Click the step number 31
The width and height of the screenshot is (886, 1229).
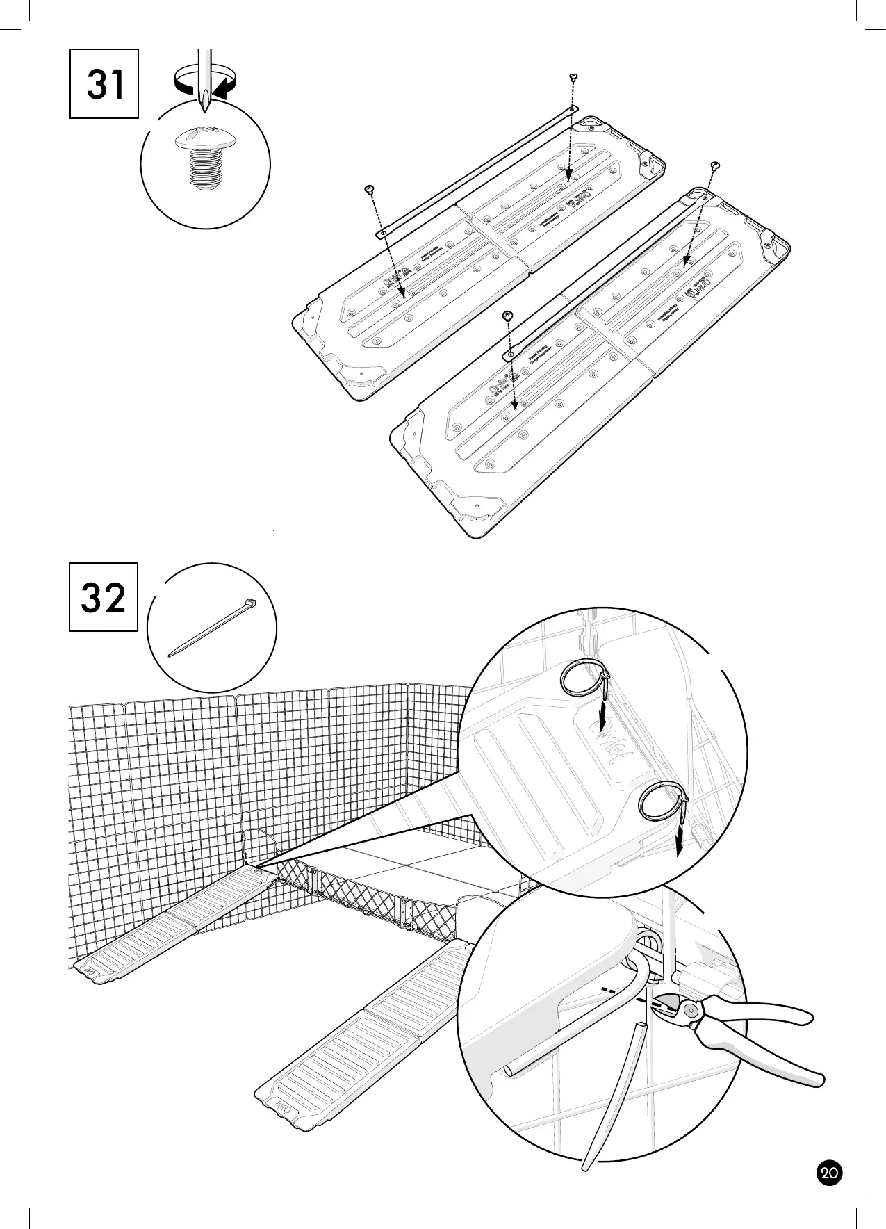[x=104, y=84]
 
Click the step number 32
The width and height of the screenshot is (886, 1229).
[x=104, y=597]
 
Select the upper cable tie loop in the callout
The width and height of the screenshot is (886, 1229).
[x=583, y=678]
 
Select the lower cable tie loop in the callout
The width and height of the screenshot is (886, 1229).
[x=660, y=803]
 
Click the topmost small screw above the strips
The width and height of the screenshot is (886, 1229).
[x=573, y=76]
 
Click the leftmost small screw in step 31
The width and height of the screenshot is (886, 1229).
[x=369, y=188]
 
